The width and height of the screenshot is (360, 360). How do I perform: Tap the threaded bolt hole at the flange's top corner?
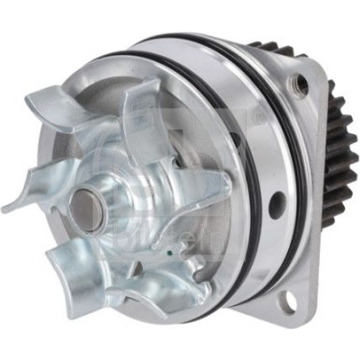301,82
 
